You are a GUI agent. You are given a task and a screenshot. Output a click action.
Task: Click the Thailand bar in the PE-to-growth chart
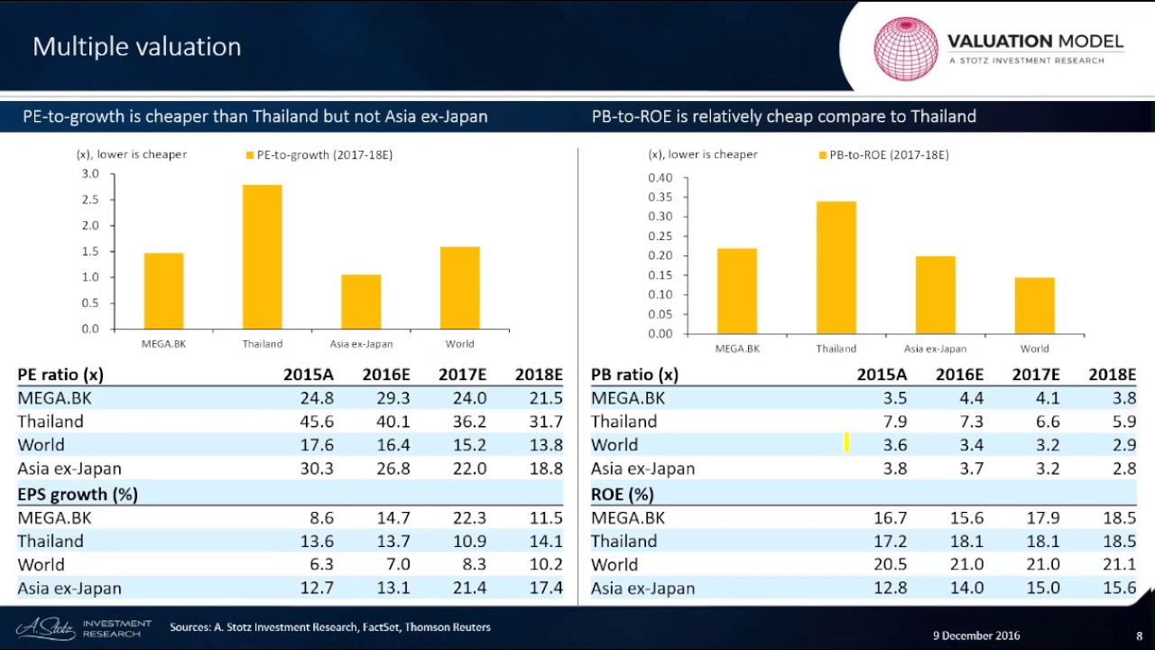(x=262, y=256)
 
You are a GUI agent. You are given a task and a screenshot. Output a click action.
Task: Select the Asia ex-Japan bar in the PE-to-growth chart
(x=361, y=302)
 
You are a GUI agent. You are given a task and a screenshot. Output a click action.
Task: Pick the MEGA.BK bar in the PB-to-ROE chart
(x=736, y=291)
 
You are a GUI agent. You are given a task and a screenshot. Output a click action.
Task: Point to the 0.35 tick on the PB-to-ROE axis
(x=660, y=197)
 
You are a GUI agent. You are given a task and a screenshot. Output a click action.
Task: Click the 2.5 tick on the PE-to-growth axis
(x=90, y=200)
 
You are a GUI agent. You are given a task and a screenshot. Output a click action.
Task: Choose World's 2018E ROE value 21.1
(x=1119, y=565)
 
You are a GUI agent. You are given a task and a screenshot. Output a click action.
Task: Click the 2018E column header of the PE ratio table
(x=538, y=375)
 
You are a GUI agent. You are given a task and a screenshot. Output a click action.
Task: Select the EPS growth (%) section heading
(x=78, y=495)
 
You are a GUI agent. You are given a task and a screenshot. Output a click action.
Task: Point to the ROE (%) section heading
(x=623, y=495)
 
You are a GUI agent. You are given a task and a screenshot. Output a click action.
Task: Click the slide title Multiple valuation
(x=137, y=47)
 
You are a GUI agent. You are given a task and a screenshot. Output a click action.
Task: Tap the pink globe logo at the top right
(x=906, y=48)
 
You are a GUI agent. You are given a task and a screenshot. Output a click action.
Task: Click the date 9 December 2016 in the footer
(x=976, y=636)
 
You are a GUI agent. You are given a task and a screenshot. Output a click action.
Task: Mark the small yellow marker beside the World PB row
(x=846, y=442)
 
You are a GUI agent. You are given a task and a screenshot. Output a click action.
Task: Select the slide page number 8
(x=1140, y=636)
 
